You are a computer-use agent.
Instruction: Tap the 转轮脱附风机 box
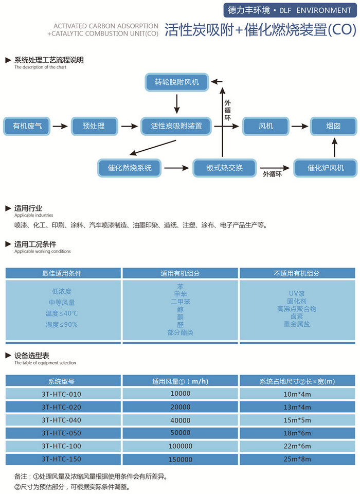176,82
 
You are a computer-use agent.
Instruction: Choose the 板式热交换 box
224,168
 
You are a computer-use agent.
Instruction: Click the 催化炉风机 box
325,168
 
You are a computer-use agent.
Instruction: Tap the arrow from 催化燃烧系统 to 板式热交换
176,168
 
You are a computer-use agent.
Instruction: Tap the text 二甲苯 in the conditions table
180,302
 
